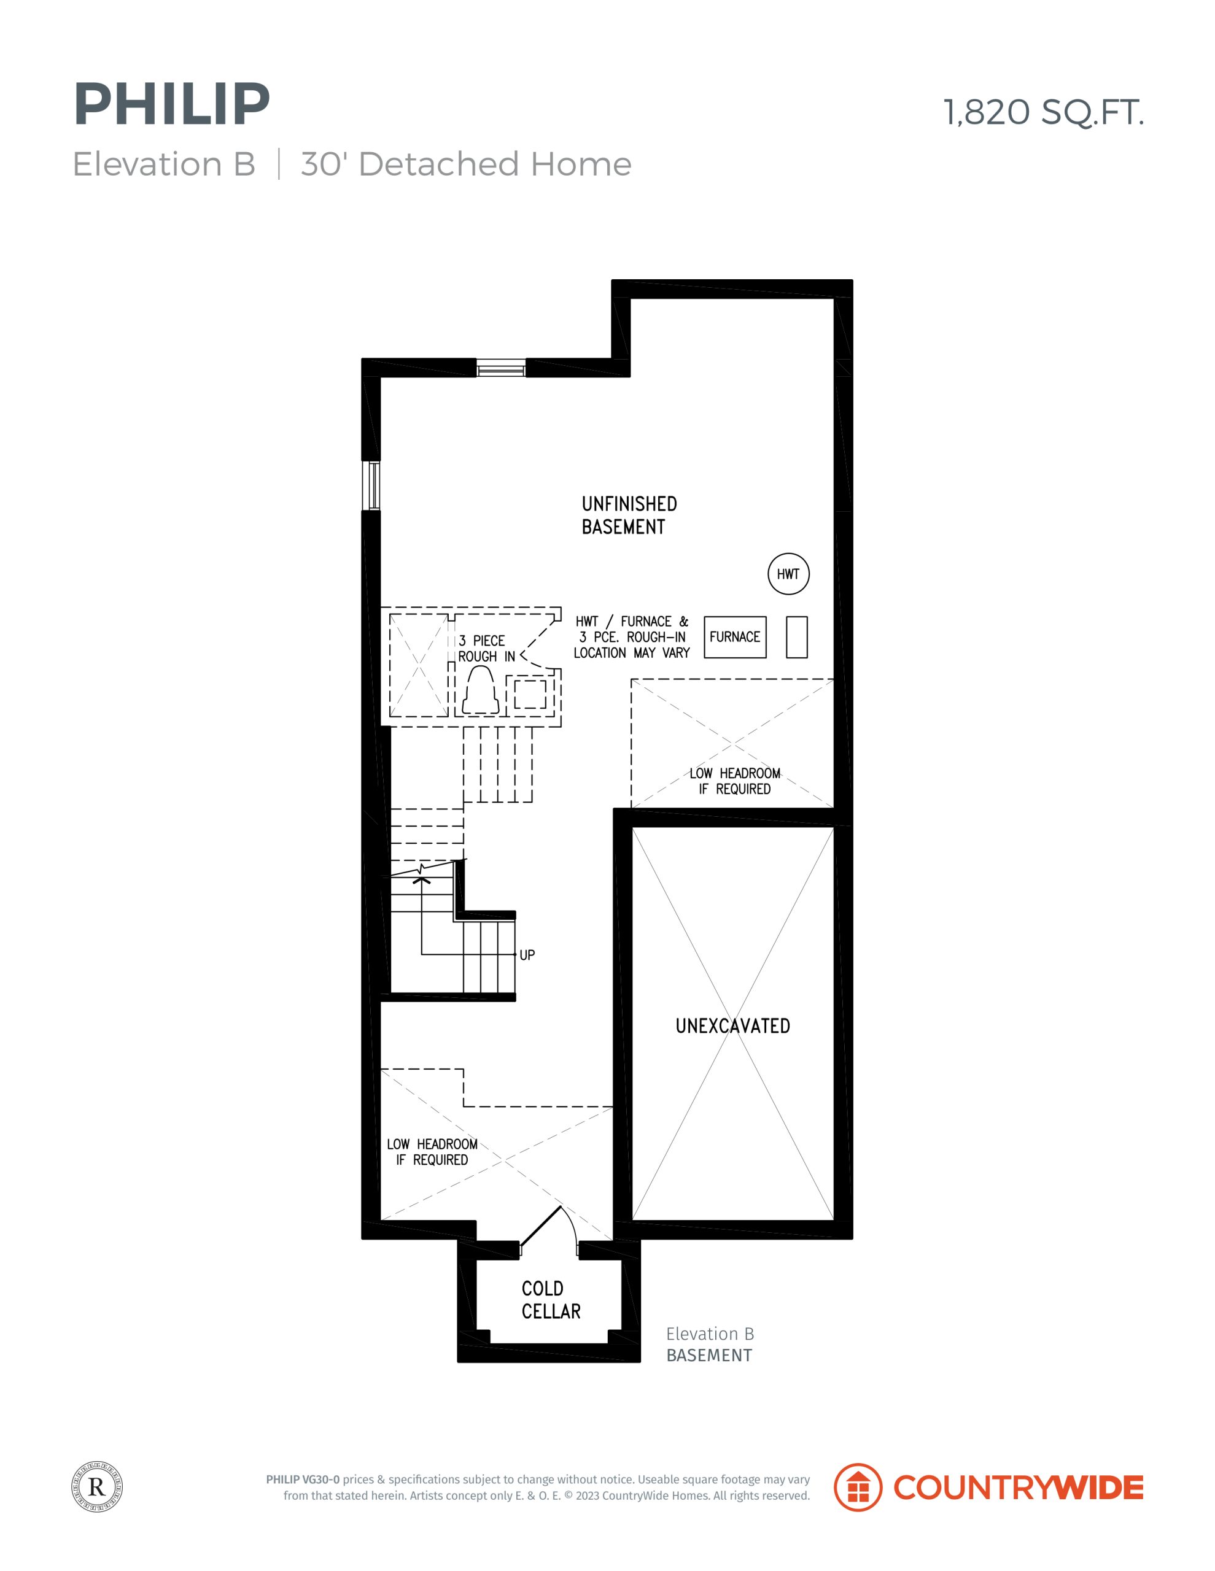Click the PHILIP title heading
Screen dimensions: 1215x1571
[171, 104]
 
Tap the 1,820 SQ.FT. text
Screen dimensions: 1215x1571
[1043, 112]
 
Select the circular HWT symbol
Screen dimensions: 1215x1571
[788, 574]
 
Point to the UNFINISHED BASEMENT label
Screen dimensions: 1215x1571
[629, 515]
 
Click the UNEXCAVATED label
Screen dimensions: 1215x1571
[732, 1026]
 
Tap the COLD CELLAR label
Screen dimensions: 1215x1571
[551, 1300]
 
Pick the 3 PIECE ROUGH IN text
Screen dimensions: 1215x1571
[487, 648]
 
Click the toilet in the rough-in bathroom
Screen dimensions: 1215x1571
[480, 690]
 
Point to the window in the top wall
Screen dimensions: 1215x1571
[501, 368]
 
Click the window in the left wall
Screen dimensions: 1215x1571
[371, 485]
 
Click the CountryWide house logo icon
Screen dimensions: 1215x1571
[858, 1487]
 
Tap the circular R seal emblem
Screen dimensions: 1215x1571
[97, 1486]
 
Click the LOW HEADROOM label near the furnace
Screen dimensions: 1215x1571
[735, 781]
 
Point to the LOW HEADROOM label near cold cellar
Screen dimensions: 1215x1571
[432, 1152]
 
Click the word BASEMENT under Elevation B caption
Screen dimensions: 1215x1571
[709, 1355]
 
